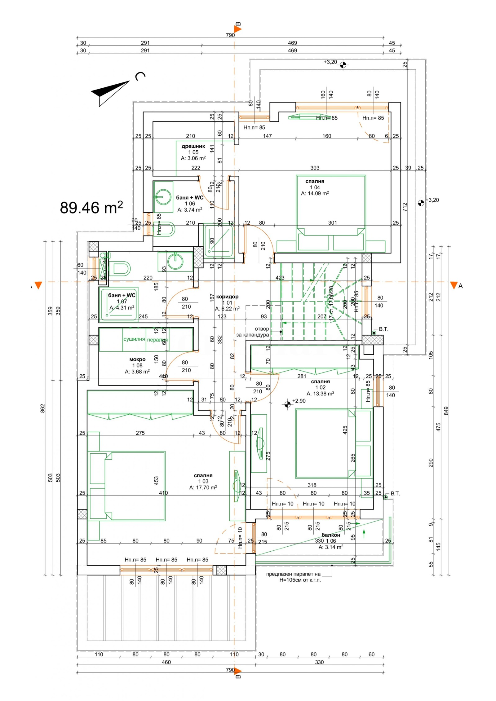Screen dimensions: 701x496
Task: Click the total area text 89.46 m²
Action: pos(91,208)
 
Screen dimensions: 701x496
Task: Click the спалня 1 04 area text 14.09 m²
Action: pos(315,193)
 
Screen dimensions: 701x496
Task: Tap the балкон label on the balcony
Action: pos(330,535)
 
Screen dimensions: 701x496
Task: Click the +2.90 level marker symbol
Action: pos(287,404)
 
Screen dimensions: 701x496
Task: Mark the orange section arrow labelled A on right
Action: pos(454,285)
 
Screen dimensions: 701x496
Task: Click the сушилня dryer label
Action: pos(134,339)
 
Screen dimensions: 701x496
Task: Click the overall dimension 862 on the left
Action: pos(43,408)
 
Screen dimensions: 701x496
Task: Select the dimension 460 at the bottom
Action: pos(166,662)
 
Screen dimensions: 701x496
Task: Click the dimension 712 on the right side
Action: pos(405,207)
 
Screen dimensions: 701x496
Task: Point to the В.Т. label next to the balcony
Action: pos(395,493)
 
